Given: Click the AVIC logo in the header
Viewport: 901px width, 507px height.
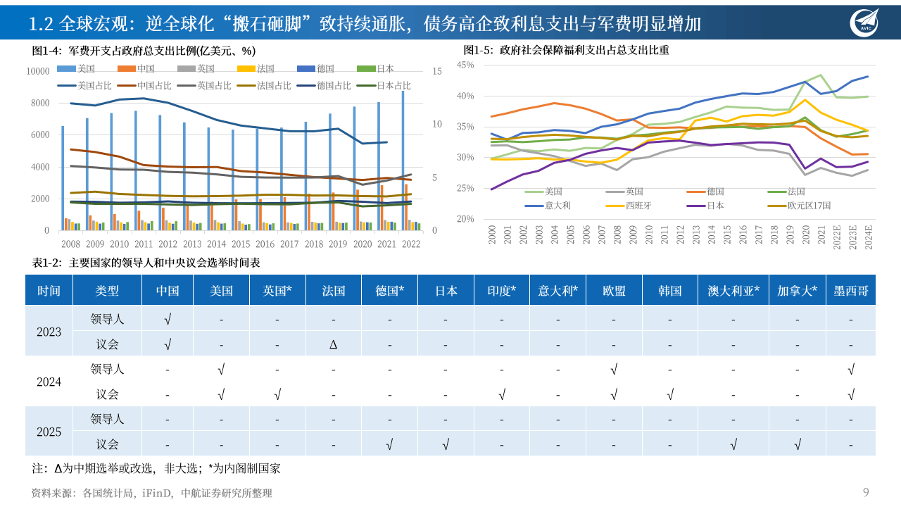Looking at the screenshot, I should coord(864,22).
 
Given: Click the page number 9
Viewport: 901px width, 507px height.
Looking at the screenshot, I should coord(866,492).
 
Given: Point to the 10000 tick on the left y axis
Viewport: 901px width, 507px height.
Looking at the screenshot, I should coord(37,71).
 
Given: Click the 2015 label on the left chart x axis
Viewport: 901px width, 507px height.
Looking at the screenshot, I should coord(241,244).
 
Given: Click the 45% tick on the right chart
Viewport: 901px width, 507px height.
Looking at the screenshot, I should coord(465,65).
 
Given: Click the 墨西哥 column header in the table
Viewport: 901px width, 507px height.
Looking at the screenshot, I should coord(851,291).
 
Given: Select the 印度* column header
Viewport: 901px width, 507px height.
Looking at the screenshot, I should coord(501,291).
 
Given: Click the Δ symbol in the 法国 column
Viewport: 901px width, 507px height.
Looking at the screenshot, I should coord(334,344).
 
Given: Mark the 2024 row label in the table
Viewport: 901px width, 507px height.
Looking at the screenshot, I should coord(49,382).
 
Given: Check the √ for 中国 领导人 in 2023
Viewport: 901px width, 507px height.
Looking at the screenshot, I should coord(167,319).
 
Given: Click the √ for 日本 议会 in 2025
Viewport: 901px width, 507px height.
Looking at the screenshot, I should coord(445,444).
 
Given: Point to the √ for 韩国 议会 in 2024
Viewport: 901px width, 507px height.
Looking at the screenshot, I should coord(669,394).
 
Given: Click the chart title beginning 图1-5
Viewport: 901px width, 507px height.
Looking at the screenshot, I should coord(566,51).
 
